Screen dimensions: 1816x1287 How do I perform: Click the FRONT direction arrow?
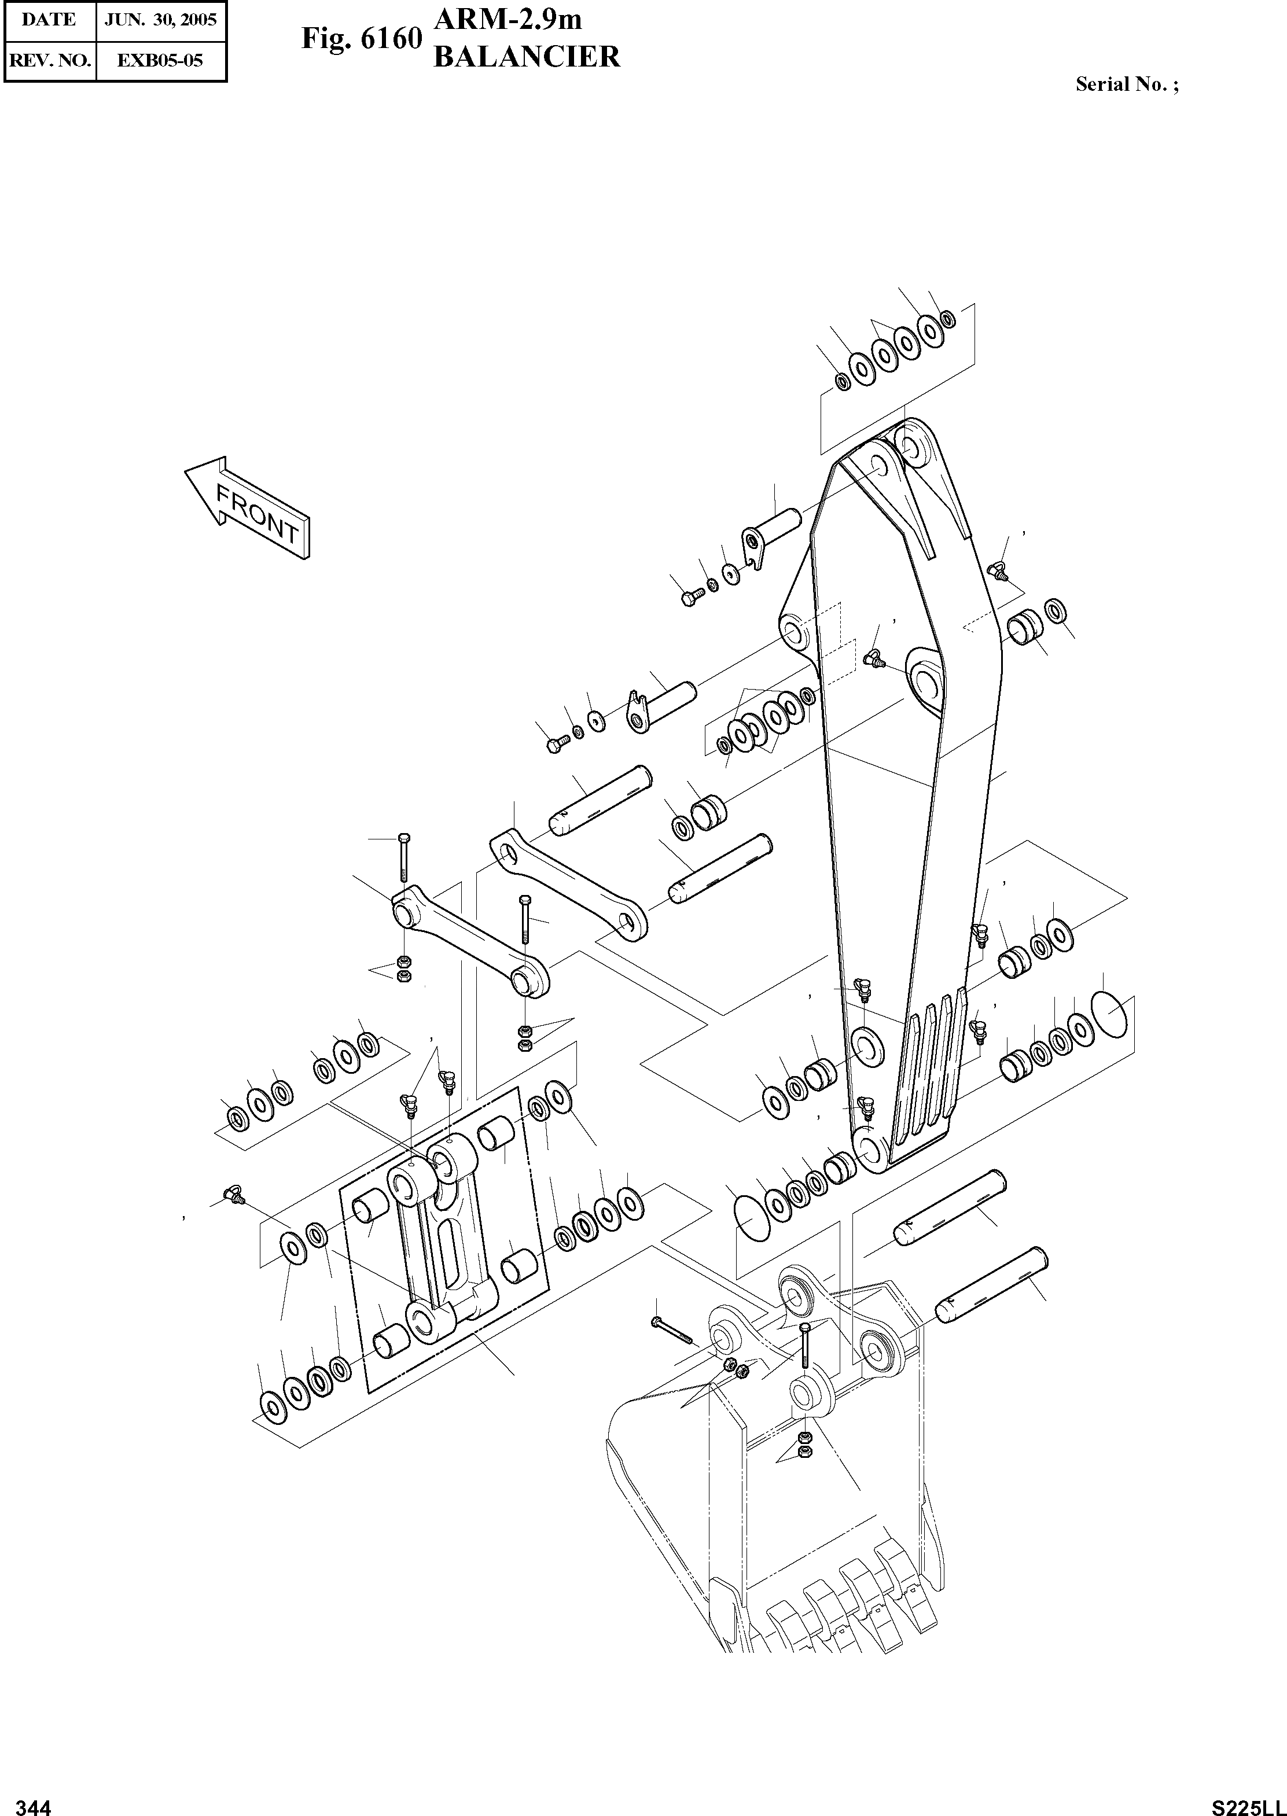coord(247,507)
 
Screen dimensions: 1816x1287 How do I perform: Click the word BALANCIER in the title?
coord(527,57)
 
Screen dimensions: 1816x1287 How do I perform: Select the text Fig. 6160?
coord(361,39)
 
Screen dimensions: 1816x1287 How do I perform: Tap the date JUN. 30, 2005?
coord(161,19)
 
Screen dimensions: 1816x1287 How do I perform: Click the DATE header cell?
coord(49,19)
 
